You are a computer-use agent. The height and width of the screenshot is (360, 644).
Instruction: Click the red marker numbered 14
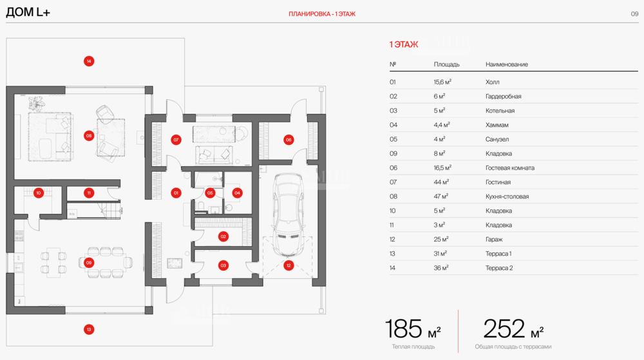[89, 61]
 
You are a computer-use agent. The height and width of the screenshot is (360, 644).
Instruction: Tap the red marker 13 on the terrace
[89, 329]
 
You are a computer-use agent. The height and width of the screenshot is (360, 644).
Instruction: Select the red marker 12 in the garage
[289, 265]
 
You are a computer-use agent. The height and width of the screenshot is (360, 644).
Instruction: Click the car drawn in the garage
[289, 214]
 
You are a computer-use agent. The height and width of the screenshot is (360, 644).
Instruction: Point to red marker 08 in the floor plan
[89, 136]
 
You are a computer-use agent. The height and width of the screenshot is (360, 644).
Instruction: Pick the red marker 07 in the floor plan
[176, 140]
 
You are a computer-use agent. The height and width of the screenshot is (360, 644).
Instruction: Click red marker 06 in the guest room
[289, 140]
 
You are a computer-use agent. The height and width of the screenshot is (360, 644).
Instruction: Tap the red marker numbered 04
[237, 193]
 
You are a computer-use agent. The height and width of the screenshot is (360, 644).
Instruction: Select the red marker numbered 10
[39, 193]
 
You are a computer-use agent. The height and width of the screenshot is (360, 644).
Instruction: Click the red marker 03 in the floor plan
[223, 265]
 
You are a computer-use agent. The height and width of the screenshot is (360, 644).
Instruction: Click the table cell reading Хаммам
[497, 125]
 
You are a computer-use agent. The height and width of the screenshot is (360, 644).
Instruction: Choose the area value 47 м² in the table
[440, 196]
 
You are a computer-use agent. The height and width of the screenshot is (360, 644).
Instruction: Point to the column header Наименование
[506, 64]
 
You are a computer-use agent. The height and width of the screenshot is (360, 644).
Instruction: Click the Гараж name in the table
[494, 240]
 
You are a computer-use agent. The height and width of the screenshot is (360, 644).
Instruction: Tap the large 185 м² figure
[412, 328]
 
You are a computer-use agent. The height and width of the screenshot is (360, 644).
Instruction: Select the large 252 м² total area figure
[513, 328]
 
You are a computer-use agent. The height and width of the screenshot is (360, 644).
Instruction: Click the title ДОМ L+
[28, 12]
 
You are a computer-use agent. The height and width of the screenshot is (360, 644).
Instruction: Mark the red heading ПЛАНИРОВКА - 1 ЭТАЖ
[322, 14]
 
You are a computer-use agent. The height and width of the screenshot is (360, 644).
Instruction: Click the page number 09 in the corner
[634, 14]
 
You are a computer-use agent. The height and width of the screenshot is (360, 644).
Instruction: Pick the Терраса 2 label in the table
[499, 268]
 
